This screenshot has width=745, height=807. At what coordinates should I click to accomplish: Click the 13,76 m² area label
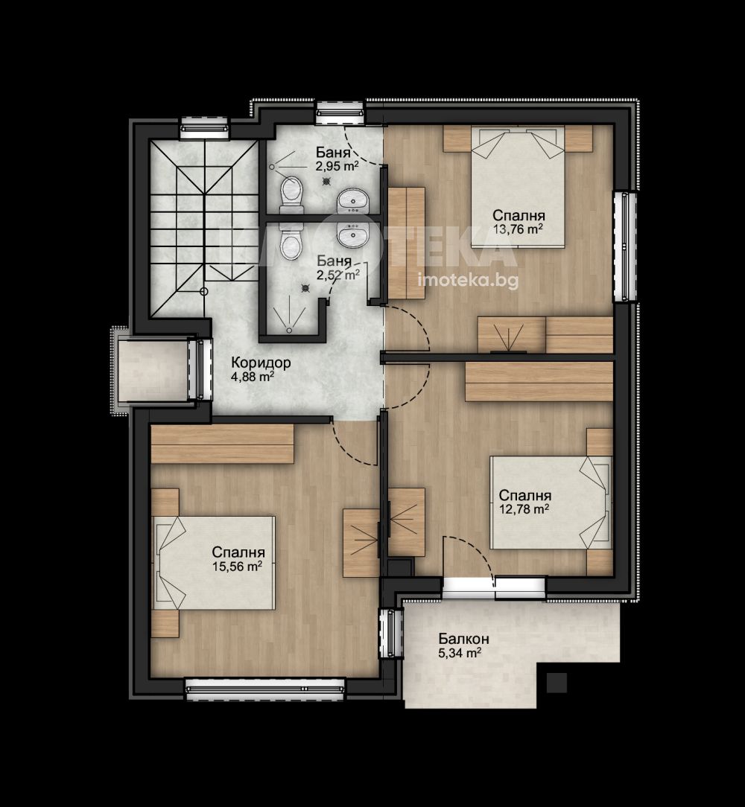[518, 229]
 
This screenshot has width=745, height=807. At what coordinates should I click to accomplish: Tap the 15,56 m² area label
[237, 567]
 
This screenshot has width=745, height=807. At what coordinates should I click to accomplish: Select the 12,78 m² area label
[524, 509]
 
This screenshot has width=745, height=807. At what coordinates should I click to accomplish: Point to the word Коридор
[261, 363]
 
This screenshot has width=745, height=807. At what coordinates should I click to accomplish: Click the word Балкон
[463, 639]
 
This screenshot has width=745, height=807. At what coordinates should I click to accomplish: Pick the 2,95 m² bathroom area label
[337, 166]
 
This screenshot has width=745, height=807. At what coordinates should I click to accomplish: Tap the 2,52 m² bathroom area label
[338, 275]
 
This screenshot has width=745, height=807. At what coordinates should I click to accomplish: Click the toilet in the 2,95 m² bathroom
[291, 195]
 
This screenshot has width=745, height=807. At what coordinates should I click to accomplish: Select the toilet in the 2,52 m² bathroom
[291, 243]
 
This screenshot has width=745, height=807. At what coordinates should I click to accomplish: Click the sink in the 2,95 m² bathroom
[353, 201]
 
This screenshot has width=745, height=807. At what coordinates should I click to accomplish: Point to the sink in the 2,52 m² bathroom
[353, 235]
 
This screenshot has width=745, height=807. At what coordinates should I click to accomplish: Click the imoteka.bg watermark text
[469, 280]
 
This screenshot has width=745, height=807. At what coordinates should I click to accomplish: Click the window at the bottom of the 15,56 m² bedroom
[264, 689]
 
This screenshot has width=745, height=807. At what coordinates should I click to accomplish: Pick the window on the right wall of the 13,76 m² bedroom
[625, 246]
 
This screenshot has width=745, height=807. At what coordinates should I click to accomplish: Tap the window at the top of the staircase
[203, 129]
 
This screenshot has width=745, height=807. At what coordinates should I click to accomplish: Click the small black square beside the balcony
[557, 683]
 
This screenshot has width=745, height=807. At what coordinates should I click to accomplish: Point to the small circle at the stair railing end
[204, 291]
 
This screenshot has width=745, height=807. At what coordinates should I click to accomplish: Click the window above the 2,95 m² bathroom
[340, 112]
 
